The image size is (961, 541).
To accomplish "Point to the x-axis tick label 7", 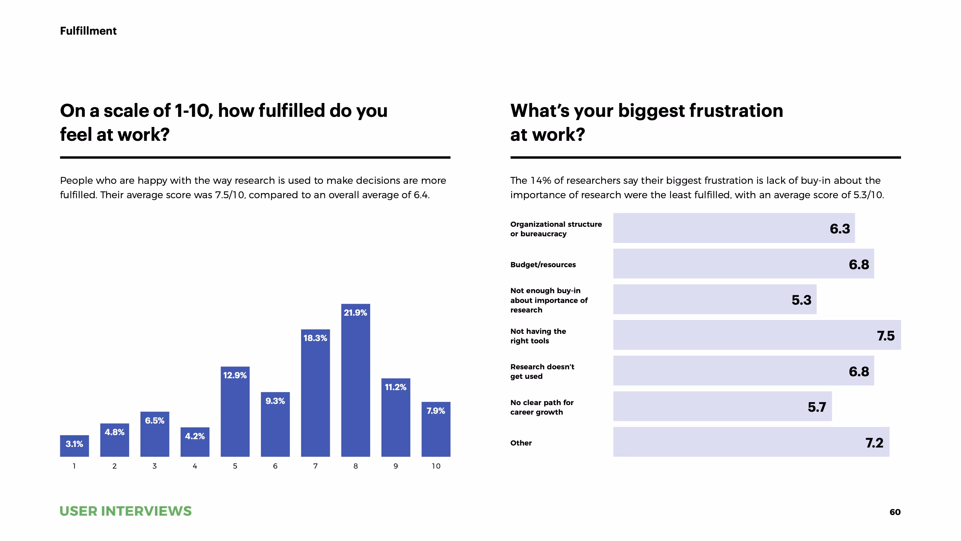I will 315,466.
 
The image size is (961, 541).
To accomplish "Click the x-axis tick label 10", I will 436,466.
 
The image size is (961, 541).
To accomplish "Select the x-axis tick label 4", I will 195,466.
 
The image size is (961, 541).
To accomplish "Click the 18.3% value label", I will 315,338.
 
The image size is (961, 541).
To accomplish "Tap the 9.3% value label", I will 275,401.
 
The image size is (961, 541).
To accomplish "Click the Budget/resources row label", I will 543,265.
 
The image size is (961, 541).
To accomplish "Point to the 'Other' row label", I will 521,443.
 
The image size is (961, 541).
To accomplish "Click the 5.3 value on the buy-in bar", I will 801,300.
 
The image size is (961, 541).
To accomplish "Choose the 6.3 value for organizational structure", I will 840,229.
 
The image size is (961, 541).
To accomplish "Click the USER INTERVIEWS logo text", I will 125,511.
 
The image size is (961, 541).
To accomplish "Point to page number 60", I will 895,512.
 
